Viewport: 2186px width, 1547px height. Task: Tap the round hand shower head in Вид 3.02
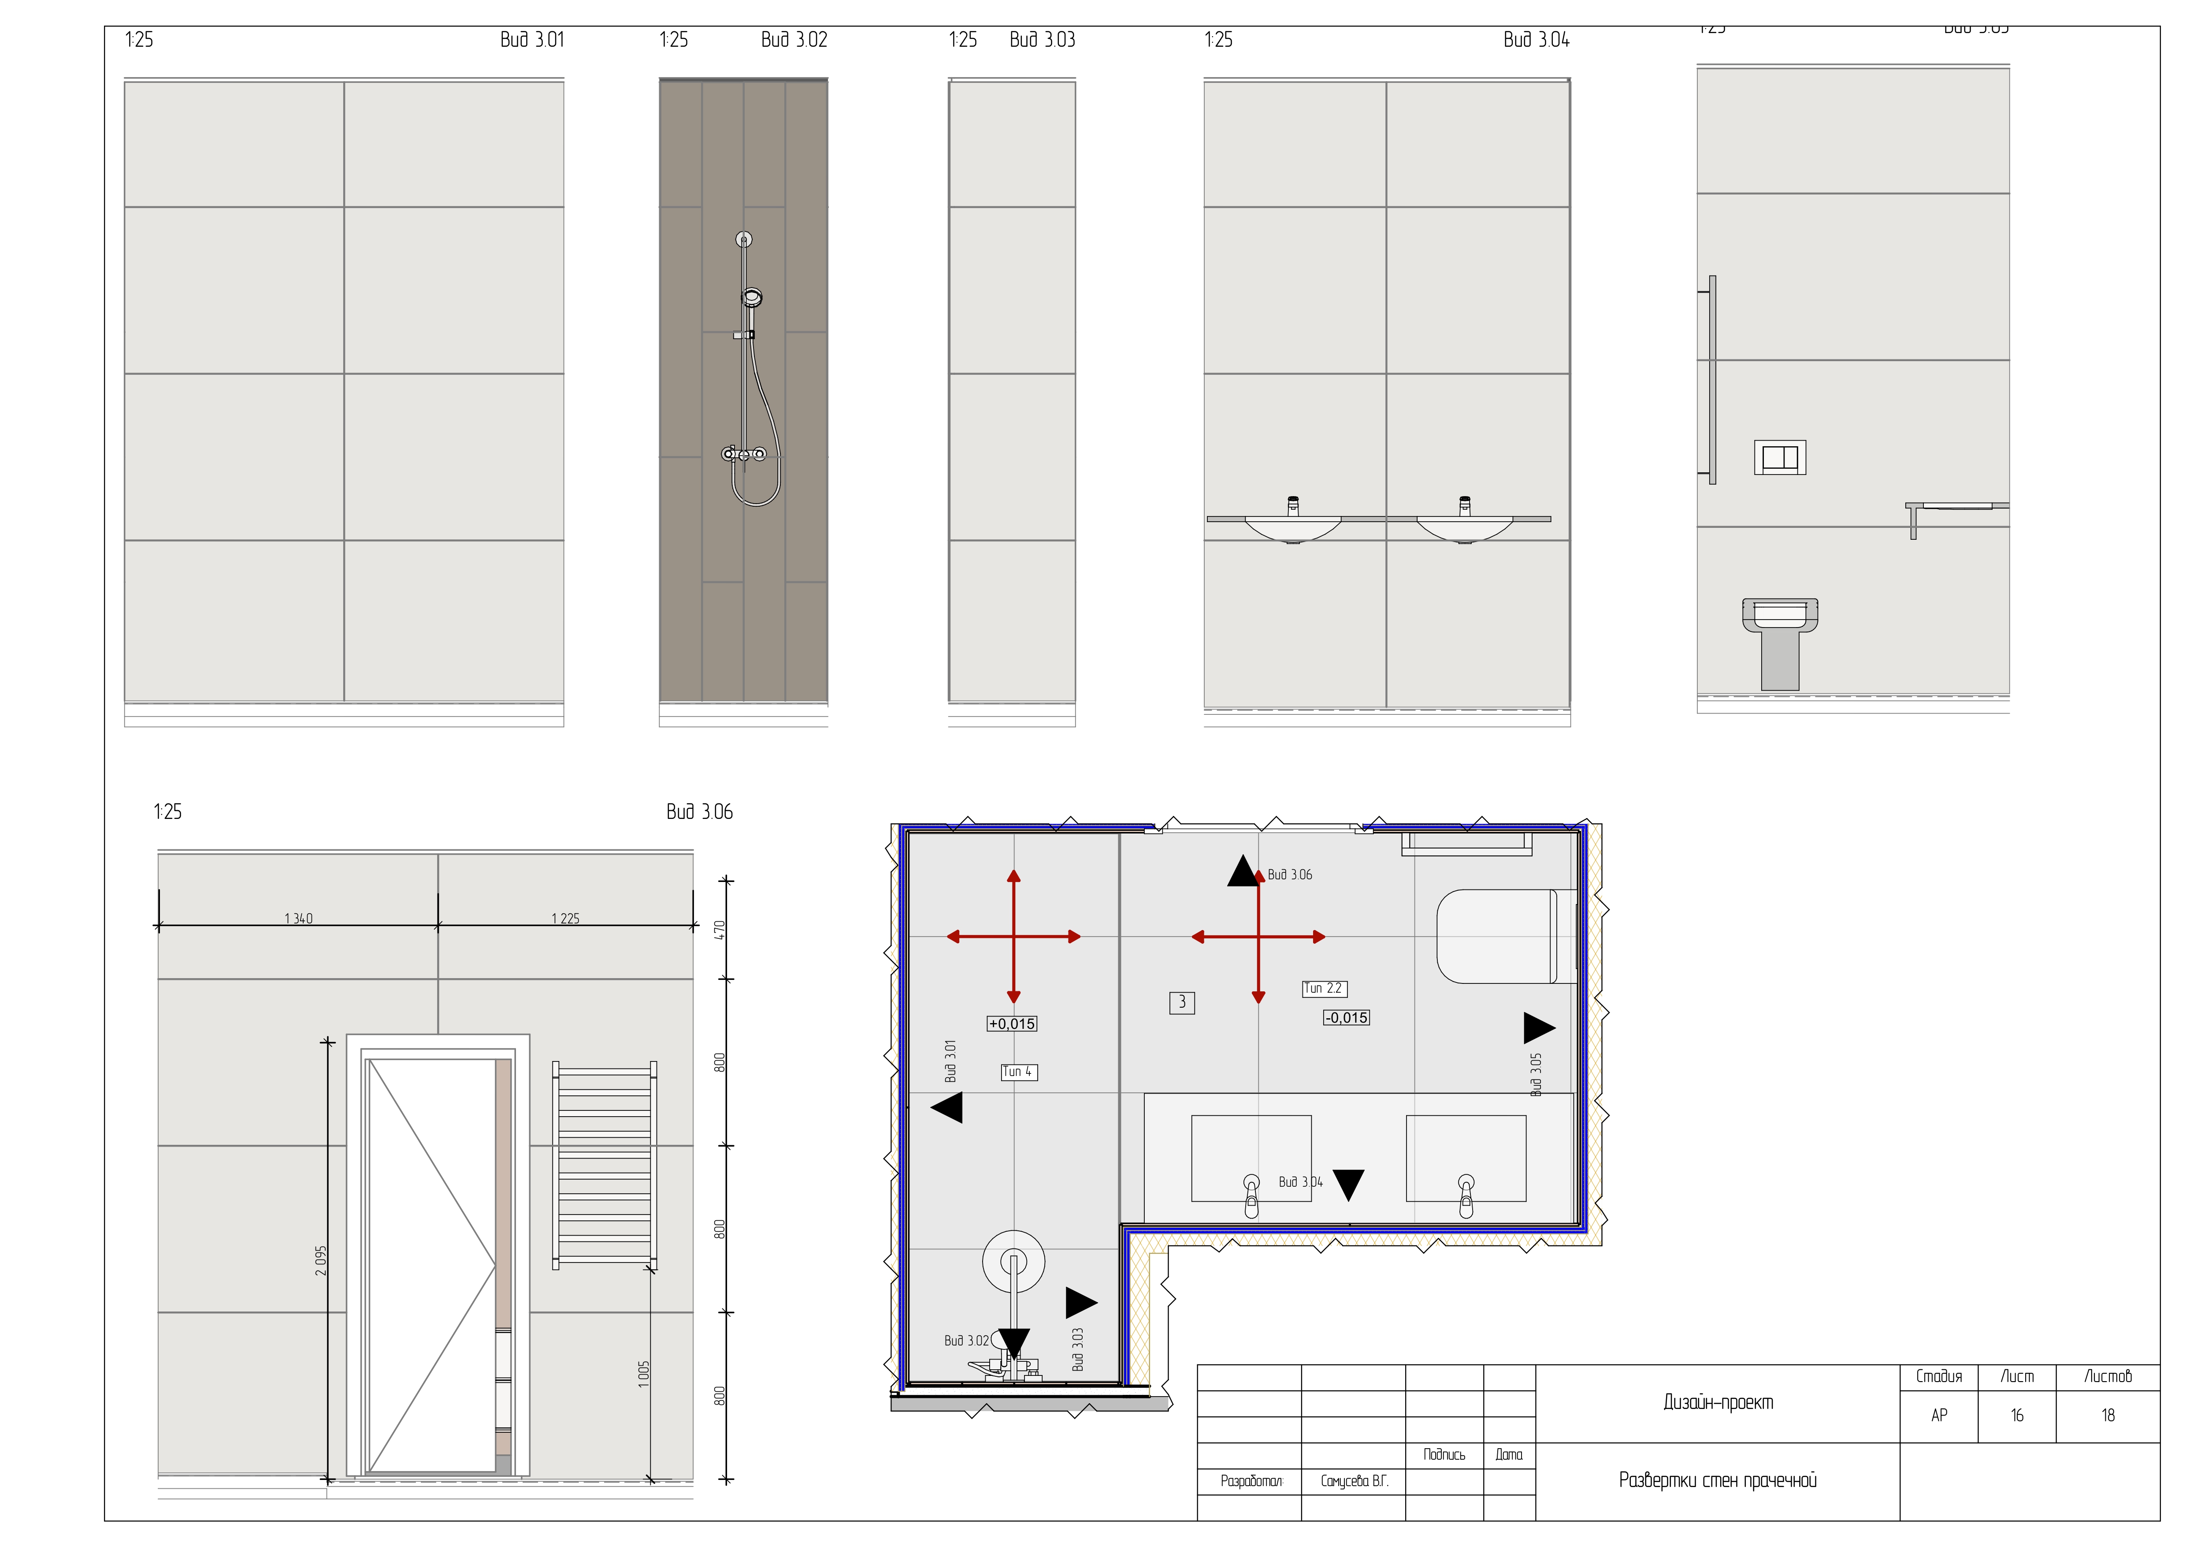point(751,298)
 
